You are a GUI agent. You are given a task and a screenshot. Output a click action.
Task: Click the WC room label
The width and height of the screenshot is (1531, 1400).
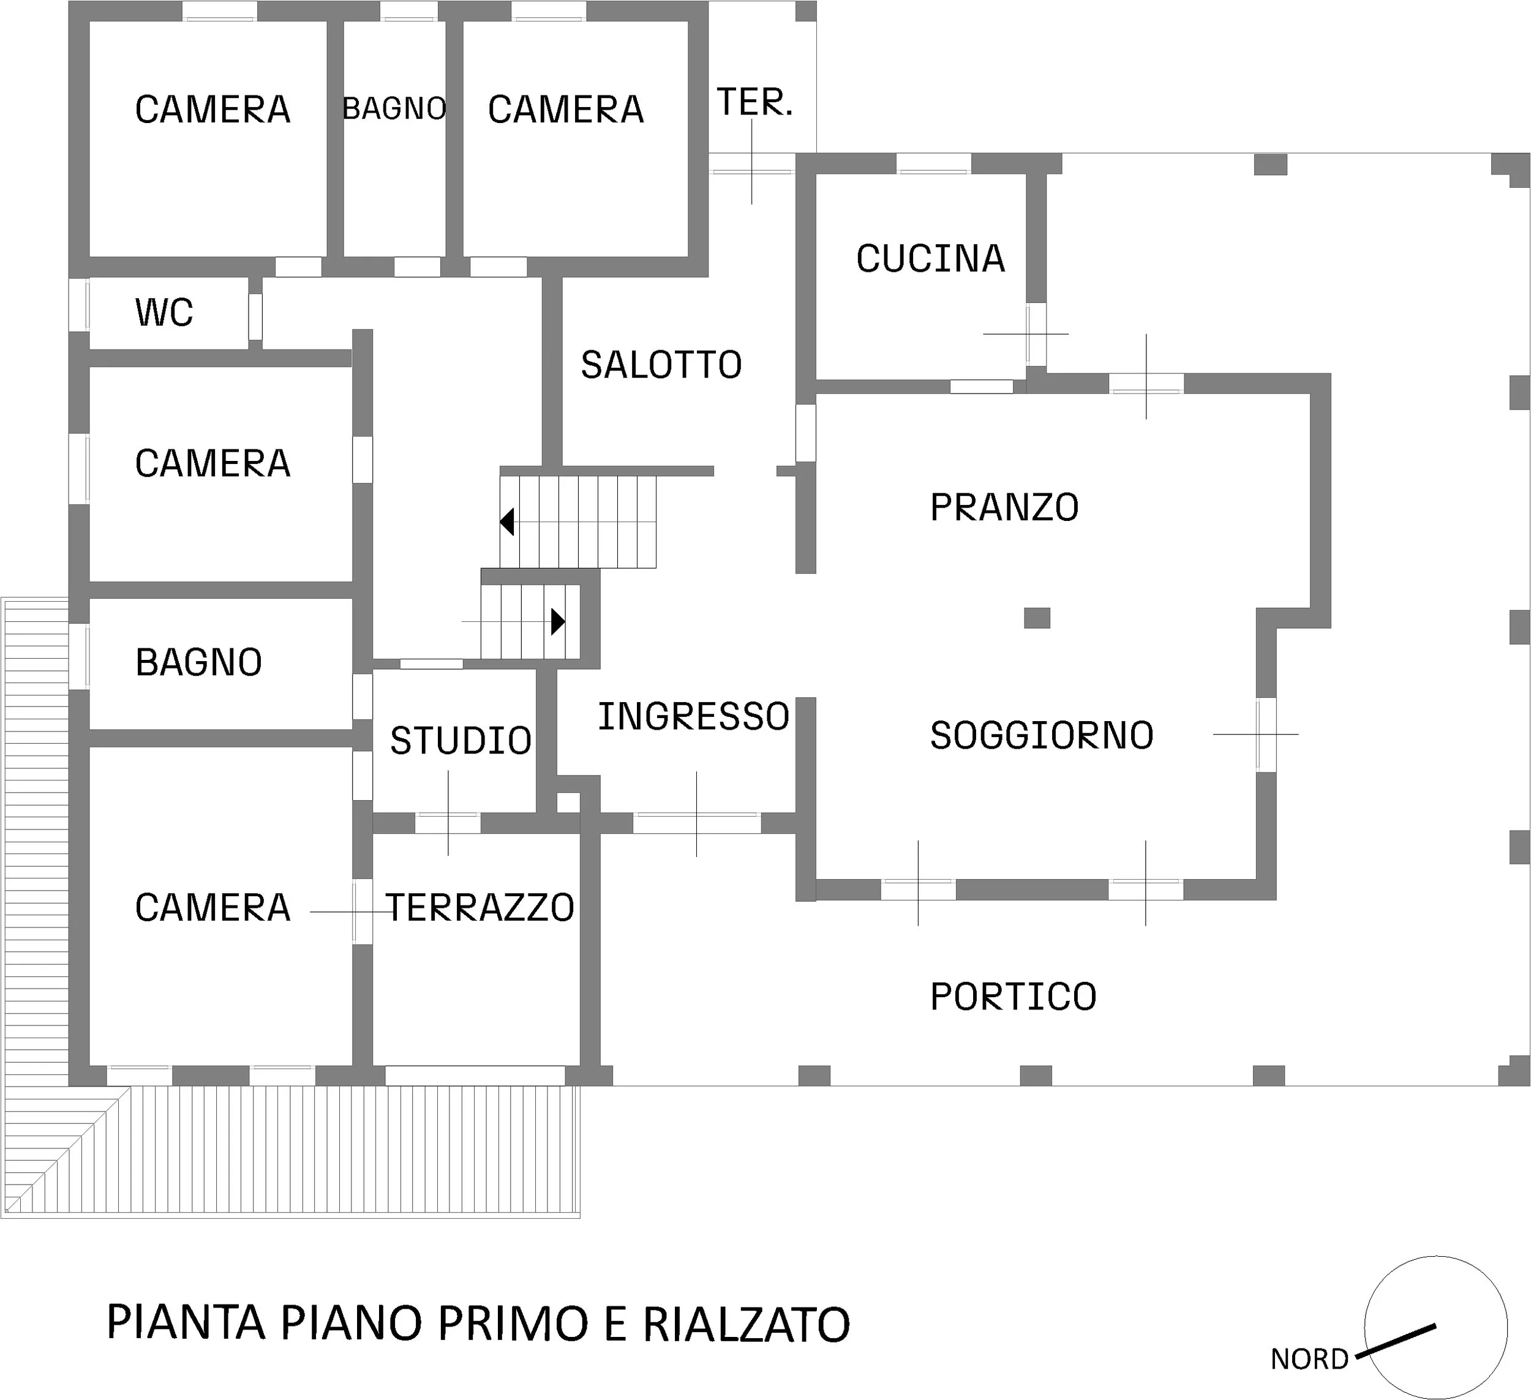(x=164, y=312)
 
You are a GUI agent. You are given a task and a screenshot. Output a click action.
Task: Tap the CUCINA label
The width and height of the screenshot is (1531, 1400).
(x=930, y=259)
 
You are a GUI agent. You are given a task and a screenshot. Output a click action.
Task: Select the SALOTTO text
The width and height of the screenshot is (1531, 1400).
(x=661, y=365)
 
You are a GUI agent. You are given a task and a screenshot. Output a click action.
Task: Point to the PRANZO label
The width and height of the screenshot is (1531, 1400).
(x=1004, y=507)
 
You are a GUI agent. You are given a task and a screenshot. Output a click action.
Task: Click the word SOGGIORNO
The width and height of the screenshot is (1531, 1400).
(x=1042, y=735)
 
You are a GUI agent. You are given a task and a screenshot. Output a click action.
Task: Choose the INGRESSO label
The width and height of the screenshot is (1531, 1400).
(x=693, y=717)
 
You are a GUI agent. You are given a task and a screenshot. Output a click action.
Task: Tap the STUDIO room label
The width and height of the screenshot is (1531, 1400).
(x=461, y=741)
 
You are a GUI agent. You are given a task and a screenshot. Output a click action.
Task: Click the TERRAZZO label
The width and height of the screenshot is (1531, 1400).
(x=480, y=907)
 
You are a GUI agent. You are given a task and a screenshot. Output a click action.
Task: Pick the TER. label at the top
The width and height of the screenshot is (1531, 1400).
(x=755, y=102)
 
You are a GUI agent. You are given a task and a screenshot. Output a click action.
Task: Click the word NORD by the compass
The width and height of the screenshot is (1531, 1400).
(x=1309, y=1358)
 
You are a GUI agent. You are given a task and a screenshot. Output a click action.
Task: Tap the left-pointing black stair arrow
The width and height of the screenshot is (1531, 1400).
(x=506, y=522)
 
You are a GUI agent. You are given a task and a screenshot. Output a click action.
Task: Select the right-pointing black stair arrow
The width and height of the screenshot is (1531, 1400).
(x=558, y=622)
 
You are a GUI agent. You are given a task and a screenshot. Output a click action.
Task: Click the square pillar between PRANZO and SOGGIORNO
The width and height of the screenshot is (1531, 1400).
(x=1037, y=618)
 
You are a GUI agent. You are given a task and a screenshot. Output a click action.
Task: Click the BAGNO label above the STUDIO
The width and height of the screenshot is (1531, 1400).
(x=199, y=662)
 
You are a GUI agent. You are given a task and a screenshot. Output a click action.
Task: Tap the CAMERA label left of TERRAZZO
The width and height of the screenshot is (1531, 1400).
(x=213, y=907)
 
